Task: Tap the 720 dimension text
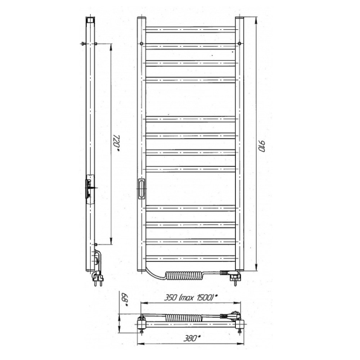(117, 142)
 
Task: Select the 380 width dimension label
(191, 338)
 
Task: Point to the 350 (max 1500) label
(191, 297)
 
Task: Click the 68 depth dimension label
(124, 299)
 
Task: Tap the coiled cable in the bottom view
(184, 318)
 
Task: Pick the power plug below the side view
(98, 278)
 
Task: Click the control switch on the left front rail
(141, 188)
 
